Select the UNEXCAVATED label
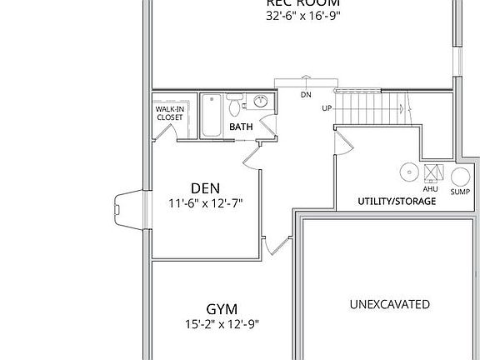389,304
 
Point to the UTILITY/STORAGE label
397,202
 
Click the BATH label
241,127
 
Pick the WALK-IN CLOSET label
170,112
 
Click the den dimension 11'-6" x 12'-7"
205,202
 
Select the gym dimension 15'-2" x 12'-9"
222,324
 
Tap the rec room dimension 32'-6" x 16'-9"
303,15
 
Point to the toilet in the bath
236,106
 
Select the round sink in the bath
259,103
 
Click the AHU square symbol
432,172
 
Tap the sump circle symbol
460,176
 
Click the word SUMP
460,192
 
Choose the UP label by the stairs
327,109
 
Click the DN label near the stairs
306,94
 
